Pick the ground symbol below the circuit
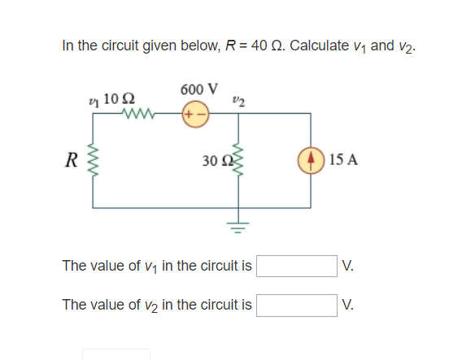(238, 222)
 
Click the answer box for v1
(297, 266)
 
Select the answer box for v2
(297, 305)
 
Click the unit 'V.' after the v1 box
(348, 266)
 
